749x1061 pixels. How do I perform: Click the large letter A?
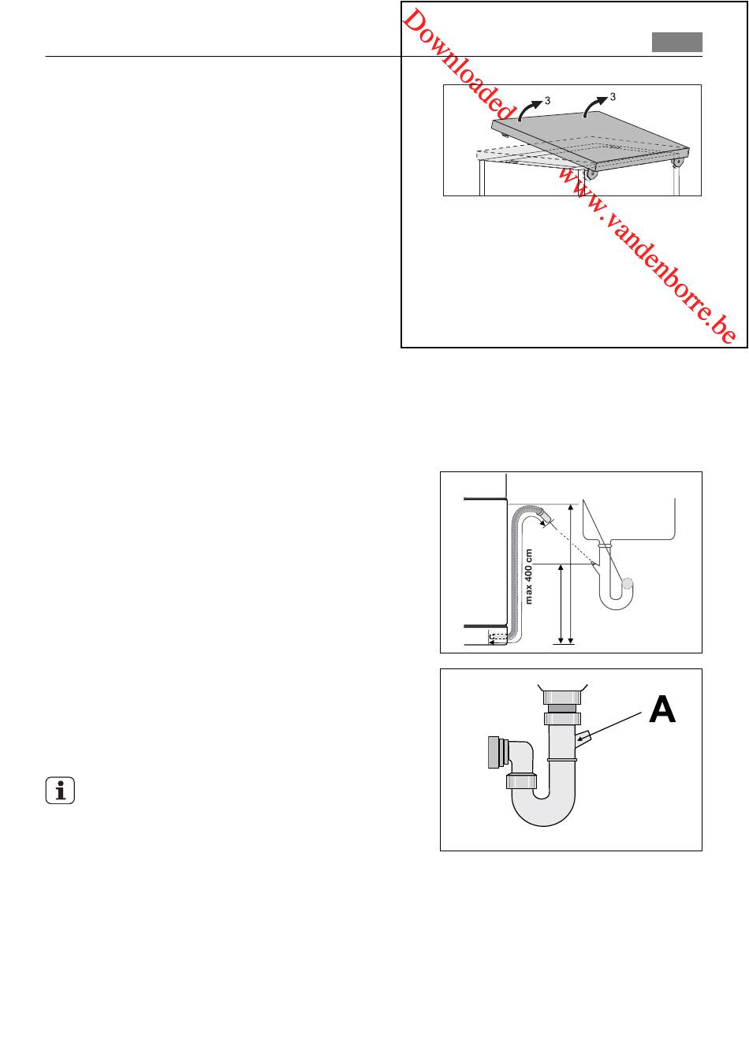[x=661, y=709]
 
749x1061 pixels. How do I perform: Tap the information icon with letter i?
[x=60, y=791]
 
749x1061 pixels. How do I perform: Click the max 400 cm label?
[x=529, y=576]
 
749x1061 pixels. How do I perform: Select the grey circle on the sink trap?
[x=628, y=583]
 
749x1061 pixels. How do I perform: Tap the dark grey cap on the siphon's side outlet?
[x=494, y=752]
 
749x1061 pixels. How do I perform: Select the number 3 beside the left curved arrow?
[x=548, y=101]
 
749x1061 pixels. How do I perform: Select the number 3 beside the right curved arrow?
[x=613, y=97]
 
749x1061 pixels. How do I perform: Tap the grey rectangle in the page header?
[x=677, y=42]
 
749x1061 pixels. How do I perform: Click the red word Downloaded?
[x=457, y=65]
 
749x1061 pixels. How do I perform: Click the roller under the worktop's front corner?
[x=591, y=175]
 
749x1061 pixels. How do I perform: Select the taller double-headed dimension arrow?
[x=570, y=574]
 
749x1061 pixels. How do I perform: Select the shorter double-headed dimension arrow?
[x=561, y=604]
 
